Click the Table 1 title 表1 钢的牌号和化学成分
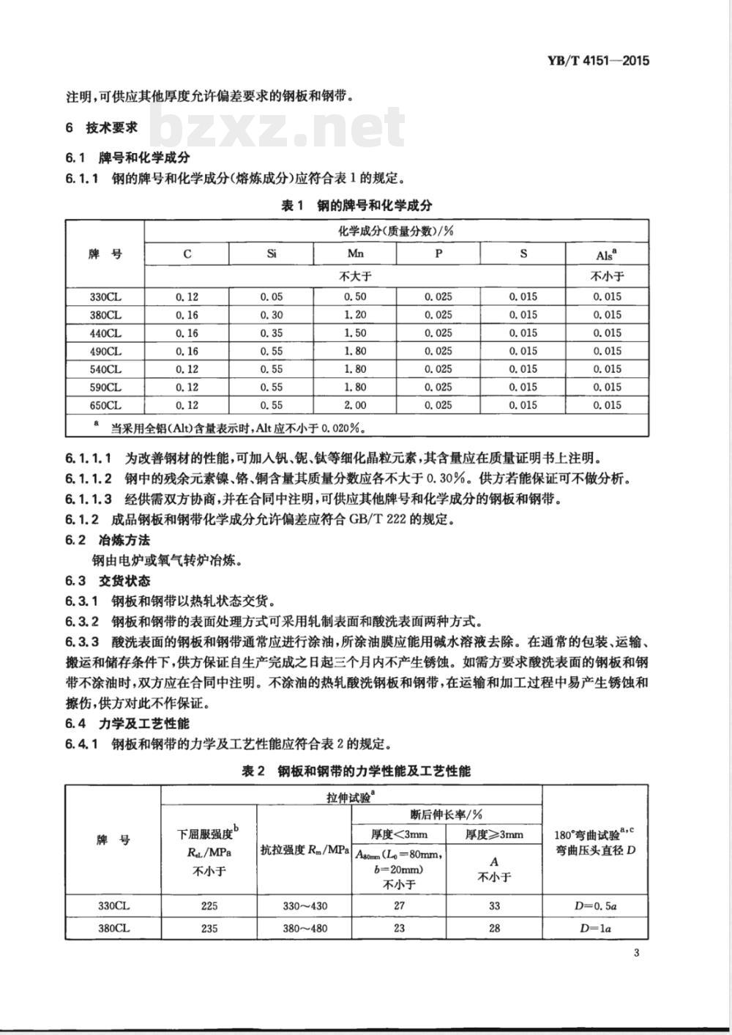point(356,206)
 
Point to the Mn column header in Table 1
point(355,254)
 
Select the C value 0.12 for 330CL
point(187,297)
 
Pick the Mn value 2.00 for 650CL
point(355,405)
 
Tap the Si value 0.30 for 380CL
point(271,315)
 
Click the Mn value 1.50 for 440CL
point(355,333)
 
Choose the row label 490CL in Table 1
point(105,351)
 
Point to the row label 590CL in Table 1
point(105,387)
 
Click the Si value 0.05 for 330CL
point(271,297)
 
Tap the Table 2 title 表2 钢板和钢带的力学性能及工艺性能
point(356,771)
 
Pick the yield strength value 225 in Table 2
point(209,905)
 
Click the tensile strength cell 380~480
point(305,928)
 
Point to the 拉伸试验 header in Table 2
point(351,795)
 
